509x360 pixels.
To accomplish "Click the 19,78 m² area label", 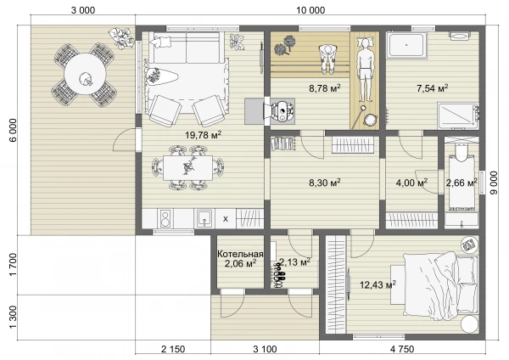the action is (x=204, y=134).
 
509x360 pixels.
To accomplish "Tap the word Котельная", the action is (x=240, y=254).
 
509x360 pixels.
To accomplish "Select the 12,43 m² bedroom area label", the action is (x=378, y=285).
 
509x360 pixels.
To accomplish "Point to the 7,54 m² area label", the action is (x=433, y=88).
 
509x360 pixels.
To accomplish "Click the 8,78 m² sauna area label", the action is (x=325, y=88).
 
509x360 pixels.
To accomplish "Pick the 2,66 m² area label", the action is (x=461, y=183).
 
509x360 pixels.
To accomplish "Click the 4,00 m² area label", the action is (x=411, y=183).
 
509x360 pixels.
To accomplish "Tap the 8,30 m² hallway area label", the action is (x=325, y=183).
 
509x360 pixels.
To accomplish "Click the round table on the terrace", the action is (x=85, y=74).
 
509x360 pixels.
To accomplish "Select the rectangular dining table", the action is (x=188, y=167).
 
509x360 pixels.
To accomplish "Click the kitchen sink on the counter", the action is (x=204, y=218).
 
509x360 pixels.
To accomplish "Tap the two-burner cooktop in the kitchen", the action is (x=165, y=218).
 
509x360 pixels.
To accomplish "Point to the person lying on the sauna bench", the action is (x=365, y=70).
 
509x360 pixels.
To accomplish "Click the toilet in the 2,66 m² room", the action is (x=461, y=152).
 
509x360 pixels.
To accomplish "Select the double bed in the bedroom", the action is (x=441, y=286).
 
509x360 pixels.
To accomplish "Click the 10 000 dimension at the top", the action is (x=310, y=10).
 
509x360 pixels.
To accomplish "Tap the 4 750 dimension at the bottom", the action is (x=402, y=349).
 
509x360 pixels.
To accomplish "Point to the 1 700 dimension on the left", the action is (x=13, y=265).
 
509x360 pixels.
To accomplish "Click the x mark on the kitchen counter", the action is (x=226, y=219).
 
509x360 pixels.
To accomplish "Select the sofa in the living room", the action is (x=187, y=48).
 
